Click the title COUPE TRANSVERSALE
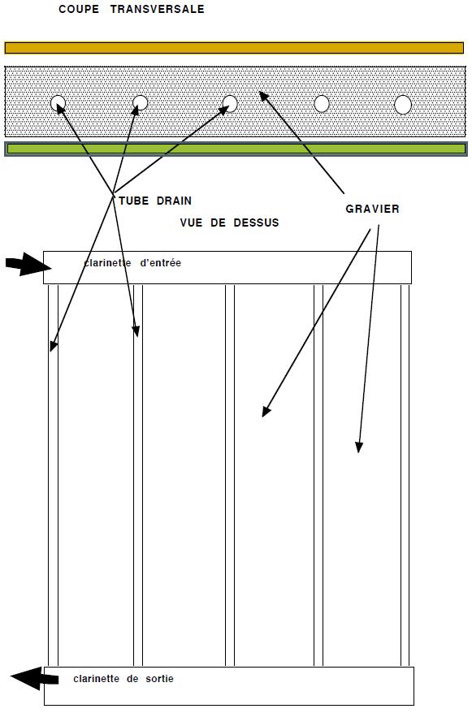click(x=132, y=9)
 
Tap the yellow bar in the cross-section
click(x=234, y=48)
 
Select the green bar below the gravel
click(x=236, y=149)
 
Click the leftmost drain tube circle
click(x=58, y=104)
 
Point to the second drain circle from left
click(x=140, y=103)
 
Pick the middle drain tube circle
click(x=230, y=104)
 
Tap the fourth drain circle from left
click(x=322, y=104)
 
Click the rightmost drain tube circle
click(x=403, y=105)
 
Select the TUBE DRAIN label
click(x=155, y=201)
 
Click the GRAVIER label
click(x=372, y=209)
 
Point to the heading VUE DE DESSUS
click(x=229, y=223)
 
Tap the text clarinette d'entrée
click(x=132, y=263)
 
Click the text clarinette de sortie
click(x=123, y=679)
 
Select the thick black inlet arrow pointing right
click(x=28, y=264)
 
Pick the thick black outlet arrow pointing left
click(x=35, y=678)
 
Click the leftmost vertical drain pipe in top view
click(x=53, y=475)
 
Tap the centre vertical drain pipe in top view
click(x=230, y=475)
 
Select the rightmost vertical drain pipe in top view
click(x=405, y=475)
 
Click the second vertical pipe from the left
click(x=138, y=475)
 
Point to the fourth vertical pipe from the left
click(x=318, y=475)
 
